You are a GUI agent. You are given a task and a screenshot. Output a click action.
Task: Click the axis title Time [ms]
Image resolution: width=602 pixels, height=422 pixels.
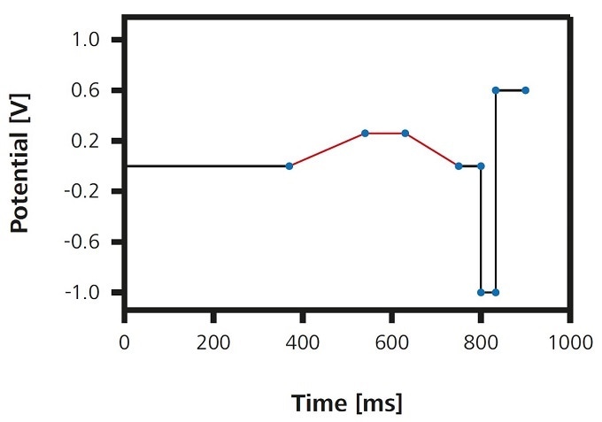[x=347, y=403]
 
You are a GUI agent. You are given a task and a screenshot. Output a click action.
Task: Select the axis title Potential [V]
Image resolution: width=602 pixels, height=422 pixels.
[x=19, y=166]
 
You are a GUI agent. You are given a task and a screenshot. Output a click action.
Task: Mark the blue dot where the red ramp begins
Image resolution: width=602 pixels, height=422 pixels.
[x=289, y=166]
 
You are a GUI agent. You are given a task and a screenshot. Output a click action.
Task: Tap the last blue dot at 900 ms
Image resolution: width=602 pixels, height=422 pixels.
[x=525, y=90]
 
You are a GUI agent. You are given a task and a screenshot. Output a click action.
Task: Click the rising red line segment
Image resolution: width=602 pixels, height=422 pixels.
[x=327, y=150]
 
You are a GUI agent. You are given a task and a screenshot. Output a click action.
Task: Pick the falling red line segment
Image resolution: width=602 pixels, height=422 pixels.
[x=432, y=150]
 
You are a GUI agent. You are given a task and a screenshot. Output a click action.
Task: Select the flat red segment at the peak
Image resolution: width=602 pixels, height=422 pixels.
[x=385, y=133]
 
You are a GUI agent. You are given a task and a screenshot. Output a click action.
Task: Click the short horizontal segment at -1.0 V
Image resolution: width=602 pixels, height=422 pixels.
[x=488, y=292]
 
